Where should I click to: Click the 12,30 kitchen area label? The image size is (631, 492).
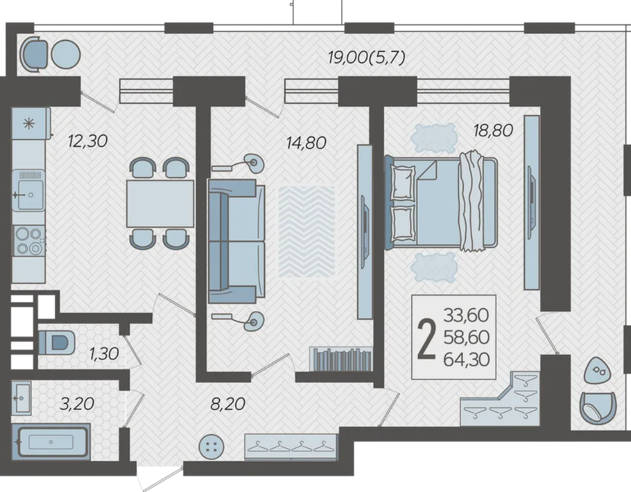pyautogui.click(x=88, y=142)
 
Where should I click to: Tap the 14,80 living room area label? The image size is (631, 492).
pyautogui.click(x=306, y=143)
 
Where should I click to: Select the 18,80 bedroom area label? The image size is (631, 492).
pyautogui.click(x=493, y=130)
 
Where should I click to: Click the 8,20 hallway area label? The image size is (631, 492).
pyautogui.click(x=228, y=404)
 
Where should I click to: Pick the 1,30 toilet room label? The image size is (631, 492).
pyautogui.click(x=104, y=354)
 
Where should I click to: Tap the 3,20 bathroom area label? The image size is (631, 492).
pyautogui.click(x=77, y=404)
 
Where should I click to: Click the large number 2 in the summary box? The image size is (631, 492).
pyautogui.click(x=426, y=338)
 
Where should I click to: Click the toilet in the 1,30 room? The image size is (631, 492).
pyautogui.click(x=56, y=343)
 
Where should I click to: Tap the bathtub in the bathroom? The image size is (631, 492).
pyautogui.click(x=50, y=441)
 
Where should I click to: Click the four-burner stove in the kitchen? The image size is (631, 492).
pyautogui.click(x=29, y=241)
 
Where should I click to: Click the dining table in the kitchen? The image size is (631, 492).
pyautogui.click(x=160, y=203)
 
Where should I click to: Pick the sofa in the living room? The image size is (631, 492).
pyautogui.click(x=236, y=241)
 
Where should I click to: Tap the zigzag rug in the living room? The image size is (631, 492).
pyautogui.click(x=307, y=231)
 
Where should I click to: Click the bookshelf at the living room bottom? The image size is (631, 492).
pyautogui.click(x=341, y=358)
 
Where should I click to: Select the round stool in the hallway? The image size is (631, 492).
pyautogui.click(x=212, y=447)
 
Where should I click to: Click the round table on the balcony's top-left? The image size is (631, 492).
pyautogui.click(x=66, y=55)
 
